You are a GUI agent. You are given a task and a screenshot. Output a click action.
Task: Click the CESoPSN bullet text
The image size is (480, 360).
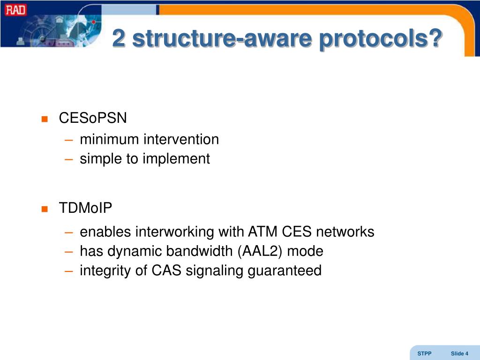point(93,118)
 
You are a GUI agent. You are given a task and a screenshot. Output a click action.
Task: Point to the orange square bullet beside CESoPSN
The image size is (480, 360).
point(45,119)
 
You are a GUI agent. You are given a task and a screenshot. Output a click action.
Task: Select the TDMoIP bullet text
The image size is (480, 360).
point(86,208)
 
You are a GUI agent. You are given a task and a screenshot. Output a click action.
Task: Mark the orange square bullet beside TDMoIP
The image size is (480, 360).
point(45,209)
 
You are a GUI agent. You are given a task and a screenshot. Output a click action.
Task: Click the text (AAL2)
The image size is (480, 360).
point(260,251)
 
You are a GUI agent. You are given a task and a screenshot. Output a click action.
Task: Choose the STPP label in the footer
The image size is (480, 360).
point(424,353)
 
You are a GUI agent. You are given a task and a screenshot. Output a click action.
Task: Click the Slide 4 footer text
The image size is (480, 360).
point(459,353)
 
